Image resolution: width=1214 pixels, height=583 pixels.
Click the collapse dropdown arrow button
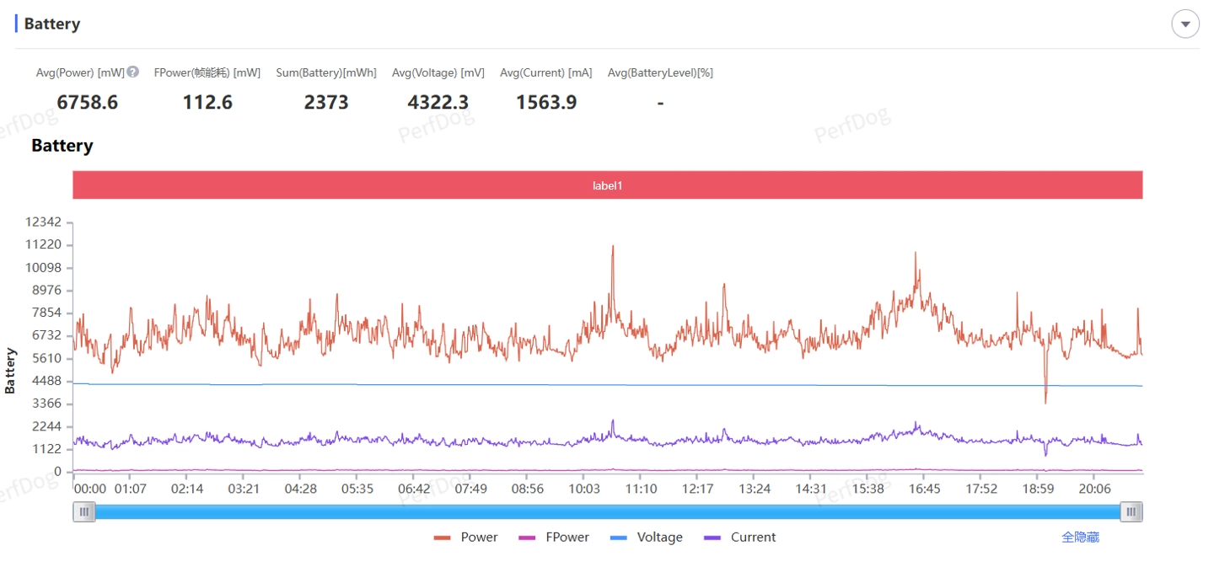click(1185, 24)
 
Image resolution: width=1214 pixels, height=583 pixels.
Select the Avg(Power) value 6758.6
click(88, 103)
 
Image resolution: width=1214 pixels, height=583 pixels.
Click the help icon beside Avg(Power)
click(132, 72)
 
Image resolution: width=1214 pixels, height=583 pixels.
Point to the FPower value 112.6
click(207, 103)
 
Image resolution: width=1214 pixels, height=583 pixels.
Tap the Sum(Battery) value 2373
click(326, 103)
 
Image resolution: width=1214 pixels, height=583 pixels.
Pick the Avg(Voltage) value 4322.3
click(438, 103)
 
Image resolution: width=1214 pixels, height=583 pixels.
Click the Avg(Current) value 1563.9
click(546, 103)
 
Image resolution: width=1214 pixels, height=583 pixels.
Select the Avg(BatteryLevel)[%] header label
click(660, 72)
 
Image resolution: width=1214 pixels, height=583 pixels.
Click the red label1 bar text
click(607, 185)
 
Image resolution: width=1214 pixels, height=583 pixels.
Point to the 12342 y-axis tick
click(44, 222)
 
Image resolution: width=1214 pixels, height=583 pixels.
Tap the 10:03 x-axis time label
click(584, 489)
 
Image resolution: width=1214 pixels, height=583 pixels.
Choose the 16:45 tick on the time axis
click(925, 489)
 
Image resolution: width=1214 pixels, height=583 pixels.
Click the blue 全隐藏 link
click(1080, 538)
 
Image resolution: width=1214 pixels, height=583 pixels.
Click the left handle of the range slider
click(83, 511)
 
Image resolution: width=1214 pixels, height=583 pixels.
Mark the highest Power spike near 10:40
click(613, 246)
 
